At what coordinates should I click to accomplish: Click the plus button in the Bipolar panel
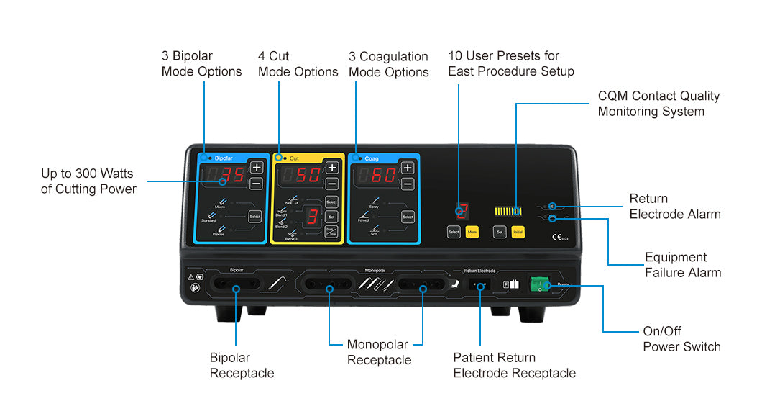pyautogui.click(x=256, y=168)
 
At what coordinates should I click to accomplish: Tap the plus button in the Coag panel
pyautogui.click(x=408, y=168)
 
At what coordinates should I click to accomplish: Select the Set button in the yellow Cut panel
pyautogui.click(x=331, y=216)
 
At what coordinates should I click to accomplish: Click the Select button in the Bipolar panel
pyautogui.click(x=255, y=216)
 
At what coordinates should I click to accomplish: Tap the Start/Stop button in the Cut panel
pyautogui.click(x=331, y=231)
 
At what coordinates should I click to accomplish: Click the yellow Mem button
pyautogui.click(x=472, y=232)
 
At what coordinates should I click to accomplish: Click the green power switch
pyautogui.click(x=538, y=284)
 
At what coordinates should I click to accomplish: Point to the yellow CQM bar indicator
pyautogui.click(x=508, y=212)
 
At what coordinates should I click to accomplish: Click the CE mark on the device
pyautogui.click(x=556, y=236)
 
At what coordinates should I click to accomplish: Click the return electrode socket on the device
pyautogui.click(x=479, y=284)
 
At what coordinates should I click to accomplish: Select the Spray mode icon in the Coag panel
pyautogui.click(x=374, y=202)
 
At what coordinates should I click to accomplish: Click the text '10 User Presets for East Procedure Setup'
pyautogui.click(x=510, y=63)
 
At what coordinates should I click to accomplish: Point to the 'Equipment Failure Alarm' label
pyautogui.click(x=682, y=265)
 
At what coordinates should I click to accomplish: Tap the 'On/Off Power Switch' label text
pyautogui.click(x=681, y=339)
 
